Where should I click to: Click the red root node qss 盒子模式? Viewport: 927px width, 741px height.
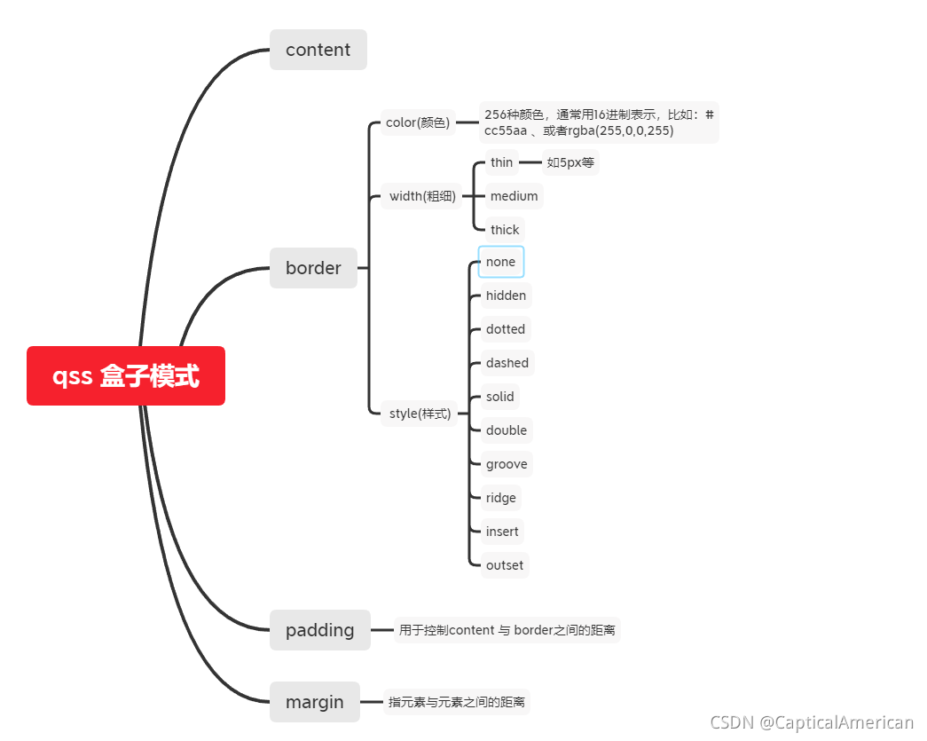click(126, 376)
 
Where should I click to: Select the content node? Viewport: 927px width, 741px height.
click(318, 50)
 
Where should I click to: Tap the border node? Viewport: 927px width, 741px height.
click(313, 268)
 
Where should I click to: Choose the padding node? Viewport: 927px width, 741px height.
click(319, 630)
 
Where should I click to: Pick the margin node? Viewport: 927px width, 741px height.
click(314, 702)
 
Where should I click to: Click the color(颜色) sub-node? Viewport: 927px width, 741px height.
click(418, 122)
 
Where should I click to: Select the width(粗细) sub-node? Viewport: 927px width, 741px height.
click(422, 196)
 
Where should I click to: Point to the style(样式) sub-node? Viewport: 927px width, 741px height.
click(420, 414)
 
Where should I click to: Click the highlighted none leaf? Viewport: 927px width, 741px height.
click(501, 262)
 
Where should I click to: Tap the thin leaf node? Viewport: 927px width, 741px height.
click(501, 162)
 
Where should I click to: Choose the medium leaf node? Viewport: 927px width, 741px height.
click(514, 196)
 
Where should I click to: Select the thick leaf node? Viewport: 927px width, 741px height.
click(505, 230)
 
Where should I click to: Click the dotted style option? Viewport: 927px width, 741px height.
click(506, 329)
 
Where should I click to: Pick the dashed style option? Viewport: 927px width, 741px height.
click(507, 363)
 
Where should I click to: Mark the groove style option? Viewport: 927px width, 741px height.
click(507, 464)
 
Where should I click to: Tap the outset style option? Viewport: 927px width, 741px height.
click(505, 565)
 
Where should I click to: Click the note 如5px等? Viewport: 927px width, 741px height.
click(570, 162)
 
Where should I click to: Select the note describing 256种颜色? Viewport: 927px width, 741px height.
click(599, 122)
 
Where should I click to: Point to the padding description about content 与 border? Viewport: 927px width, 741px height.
click(507, 630)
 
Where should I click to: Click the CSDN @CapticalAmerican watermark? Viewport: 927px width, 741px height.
click(812, 723)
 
